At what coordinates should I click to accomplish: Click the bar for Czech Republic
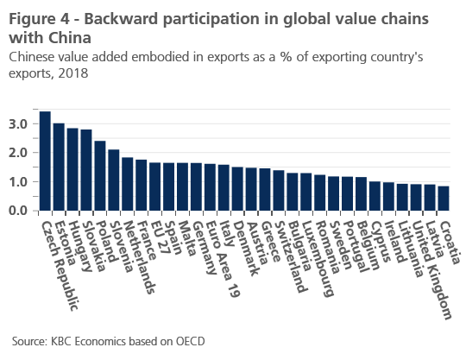pyautogui.click(x=45, y=161)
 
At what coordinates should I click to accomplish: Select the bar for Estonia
pyautogui.click(x=59, y=167)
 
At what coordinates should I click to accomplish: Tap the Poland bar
pyautogui.click(x=100, y=176)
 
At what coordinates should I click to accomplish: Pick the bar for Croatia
pyautogui.click(x=444, y=199)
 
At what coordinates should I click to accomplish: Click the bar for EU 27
pyautogui.click(x=155, y=186)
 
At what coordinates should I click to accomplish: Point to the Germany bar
pyautogui.click(x=196, y=186)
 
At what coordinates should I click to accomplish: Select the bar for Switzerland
pyautogui.click(x=279, y=190)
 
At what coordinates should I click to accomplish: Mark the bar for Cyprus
pyautogui.click(x=375, y=196)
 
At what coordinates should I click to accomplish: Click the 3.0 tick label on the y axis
pyautogui.click(x=18, y=124)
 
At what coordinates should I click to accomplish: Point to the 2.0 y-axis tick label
pyautogui.click(x=18, y=153)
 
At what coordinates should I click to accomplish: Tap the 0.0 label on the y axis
pyautogui.click(x=18, y=211)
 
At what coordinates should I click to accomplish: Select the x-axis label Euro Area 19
pyautogui.click(x=222, y=259)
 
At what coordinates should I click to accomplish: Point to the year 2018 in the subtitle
pyautogui.click(x=73, y=73)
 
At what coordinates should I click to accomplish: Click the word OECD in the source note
pyautogui.click(x=191, y=341)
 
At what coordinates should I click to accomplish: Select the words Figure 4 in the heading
pyautogui.click(x=40, y=19)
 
